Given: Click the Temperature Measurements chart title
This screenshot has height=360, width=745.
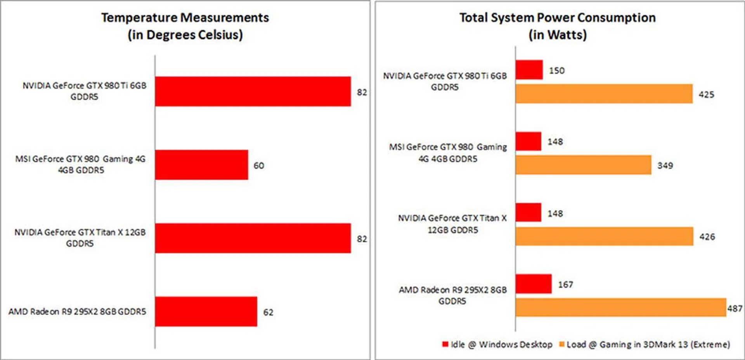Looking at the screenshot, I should click(x=185, y=26).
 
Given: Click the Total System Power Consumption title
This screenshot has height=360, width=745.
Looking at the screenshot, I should click(x=558, y=26).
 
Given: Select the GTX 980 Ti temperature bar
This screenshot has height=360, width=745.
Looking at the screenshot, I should click(x=253, y=92).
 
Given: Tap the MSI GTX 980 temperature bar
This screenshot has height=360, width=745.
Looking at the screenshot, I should click(x=201, y=165).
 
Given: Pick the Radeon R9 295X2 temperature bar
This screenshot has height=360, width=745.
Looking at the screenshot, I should click(x=206, y=312).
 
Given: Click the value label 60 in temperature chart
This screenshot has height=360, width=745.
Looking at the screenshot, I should click(x=259, y=166).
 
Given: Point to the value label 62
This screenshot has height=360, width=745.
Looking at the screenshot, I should click(x=268, y=312).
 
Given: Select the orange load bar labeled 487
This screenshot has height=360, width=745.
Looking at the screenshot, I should click(x=621, y=307).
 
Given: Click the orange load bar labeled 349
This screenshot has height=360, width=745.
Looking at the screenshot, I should click(x=583, y=165).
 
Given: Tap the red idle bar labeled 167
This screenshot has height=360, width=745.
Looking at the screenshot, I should click(x=534, y=284).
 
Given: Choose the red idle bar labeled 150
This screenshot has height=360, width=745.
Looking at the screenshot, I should click(x=529, y=70).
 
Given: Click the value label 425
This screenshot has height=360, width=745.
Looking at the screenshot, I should click(x=706, y=95).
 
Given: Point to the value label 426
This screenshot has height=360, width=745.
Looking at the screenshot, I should click(x=707, y=237).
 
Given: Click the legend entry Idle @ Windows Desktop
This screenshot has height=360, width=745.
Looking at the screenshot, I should click(x=497, y=344).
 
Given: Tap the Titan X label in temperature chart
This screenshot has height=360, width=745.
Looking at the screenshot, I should click(x=80, y=237).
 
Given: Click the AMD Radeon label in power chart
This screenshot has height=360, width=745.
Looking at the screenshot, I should click(x=452, y=295).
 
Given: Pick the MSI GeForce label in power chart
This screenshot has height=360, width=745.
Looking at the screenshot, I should click(x=448, y=153).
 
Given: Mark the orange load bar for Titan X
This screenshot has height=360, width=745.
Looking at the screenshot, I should click(x=604, y=236).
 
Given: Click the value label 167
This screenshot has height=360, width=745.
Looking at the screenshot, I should click(x=565, y=285).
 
